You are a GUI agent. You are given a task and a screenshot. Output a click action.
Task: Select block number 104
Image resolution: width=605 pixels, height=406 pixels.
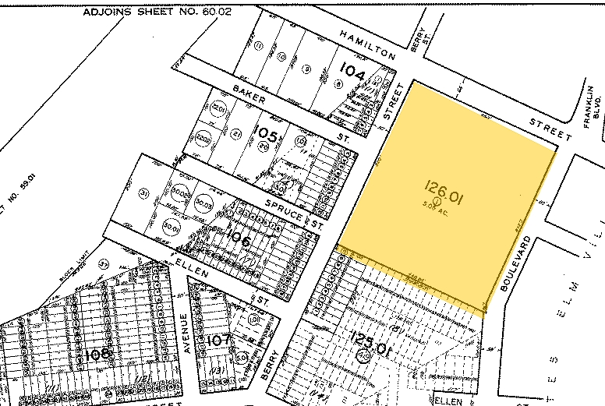pyautogui.click(x=353, y=73)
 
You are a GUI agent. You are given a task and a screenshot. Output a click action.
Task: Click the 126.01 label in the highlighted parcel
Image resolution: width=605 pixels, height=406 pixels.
pyautogui.click(x=444, y=187)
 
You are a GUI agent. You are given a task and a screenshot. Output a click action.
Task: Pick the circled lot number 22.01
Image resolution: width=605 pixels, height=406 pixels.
pyautogui.click(x=218, y=109)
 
